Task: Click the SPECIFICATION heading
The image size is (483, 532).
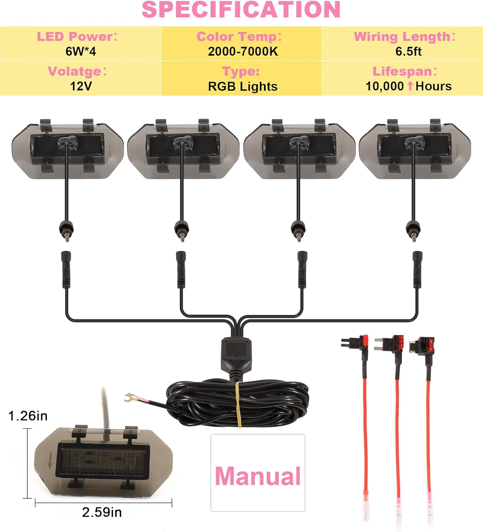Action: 241,10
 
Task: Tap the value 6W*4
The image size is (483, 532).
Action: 81,51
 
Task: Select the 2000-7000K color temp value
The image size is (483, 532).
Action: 243,51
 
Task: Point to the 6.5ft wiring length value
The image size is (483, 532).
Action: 408,51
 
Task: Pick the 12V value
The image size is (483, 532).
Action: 81,86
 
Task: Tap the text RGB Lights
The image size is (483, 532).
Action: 243,87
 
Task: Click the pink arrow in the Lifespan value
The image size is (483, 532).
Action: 410,86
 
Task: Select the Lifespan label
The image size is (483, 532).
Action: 404,71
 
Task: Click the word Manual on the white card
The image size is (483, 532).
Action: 258,476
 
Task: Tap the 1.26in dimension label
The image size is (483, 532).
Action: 28,416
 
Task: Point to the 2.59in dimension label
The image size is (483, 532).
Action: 102,512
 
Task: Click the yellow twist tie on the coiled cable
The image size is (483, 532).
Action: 238,404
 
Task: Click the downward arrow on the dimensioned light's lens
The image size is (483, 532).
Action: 50,460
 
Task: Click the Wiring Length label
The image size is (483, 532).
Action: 404,37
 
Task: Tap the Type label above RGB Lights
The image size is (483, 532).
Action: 241,71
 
